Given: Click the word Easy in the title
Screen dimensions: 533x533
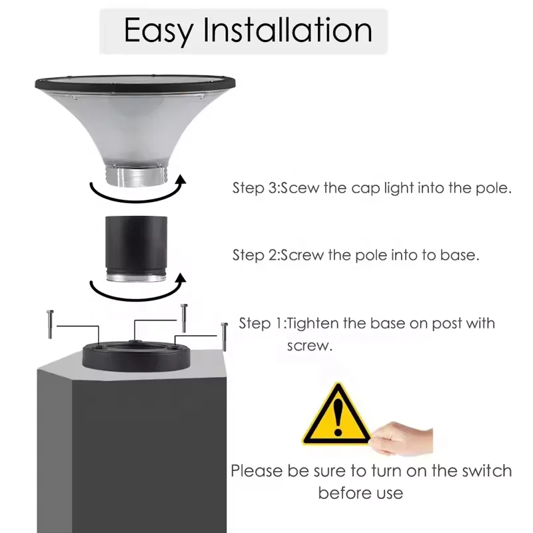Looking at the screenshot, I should [158, 31].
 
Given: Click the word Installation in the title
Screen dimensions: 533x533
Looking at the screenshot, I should [287, 31].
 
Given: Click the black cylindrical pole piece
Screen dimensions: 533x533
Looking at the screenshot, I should [137, 243].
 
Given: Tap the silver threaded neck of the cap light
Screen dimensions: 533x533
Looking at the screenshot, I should [137, 177].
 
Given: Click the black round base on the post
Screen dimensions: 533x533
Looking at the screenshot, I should [137, 356].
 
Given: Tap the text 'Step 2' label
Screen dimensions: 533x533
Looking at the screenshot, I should [255, 255].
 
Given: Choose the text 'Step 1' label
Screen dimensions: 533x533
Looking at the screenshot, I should [262, 324].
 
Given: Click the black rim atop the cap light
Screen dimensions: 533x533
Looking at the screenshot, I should [137, 83].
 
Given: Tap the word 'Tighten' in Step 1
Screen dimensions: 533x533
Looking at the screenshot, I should [313, 324].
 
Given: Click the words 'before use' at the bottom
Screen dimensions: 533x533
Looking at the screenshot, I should [360, 494].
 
